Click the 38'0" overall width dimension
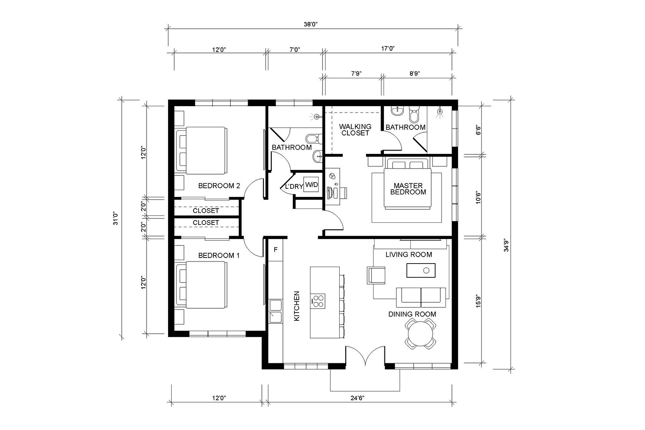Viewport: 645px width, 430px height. tap(310, 24)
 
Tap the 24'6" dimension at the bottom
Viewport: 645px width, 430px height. tap(357, 398)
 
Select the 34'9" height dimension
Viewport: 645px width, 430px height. tap(506, 246)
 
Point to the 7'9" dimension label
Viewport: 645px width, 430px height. tap(356, 74)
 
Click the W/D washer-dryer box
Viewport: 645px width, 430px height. tap(311, 184)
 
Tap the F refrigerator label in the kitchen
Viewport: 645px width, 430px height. tap(276, 250)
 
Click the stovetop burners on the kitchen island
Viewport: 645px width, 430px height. tap(318, 301)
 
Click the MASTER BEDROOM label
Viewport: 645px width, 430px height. tap(408, 189)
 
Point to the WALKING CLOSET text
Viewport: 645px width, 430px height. tap(355, 129)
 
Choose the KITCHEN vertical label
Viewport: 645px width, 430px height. tap(297, 306)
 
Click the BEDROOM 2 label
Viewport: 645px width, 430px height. tap(219, 186)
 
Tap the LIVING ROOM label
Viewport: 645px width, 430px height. tap(408, 255)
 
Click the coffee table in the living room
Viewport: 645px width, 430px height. tap(421, 270)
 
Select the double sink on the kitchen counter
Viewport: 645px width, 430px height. tap(275, 311)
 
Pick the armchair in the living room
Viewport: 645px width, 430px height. tap(376, 276)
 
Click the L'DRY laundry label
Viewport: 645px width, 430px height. tap(294, 186)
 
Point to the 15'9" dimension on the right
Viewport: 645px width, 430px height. tap(478, 301)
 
